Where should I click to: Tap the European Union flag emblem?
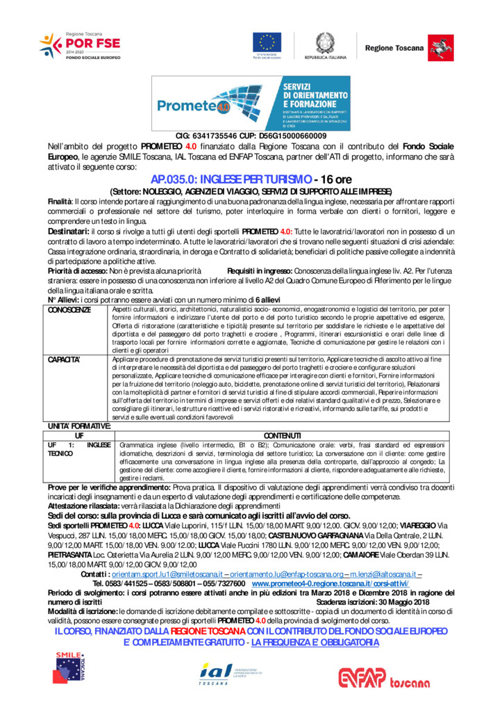267,42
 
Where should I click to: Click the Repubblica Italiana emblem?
325,42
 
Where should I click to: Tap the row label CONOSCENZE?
69,309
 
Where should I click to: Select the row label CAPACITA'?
65,359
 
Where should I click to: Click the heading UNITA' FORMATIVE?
78,425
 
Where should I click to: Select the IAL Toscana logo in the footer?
226,672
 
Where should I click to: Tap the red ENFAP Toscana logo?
383,677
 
